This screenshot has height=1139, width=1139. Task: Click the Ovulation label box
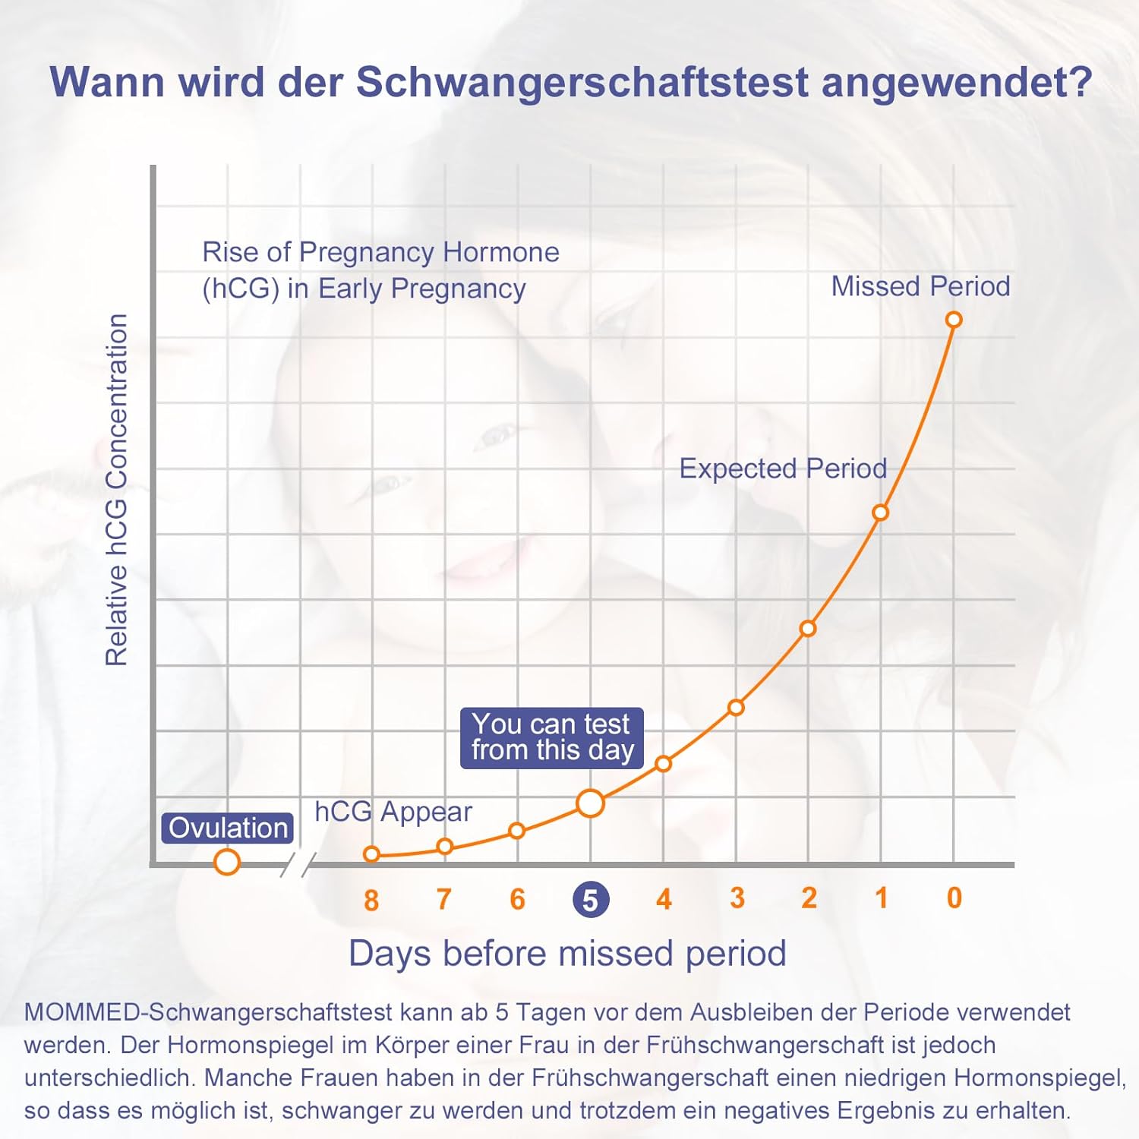(227, 828)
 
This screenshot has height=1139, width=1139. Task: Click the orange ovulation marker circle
(227, 862)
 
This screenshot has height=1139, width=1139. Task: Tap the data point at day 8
(371, 854)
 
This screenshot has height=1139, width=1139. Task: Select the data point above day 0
(954, 320)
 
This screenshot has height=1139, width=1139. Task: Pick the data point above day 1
(880, 513)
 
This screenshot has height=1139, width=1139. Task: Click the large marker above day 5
(590, 803)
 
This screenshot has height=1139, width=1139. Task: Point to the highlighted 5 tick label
(590, 900)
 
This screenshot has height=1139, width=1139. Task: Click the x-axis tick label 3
(737, 898)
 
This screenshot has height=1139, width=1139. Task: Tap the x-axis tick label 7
(444, 900)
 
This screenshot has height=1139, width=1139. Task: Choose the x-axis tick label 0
(954, 898)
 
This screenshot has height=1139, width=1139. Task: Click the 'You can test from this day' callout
(552, 737)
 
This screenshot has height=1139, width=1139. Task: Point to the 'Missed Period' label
(920, 286)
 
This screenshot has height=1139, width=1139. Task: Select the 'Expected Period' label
(783, 469)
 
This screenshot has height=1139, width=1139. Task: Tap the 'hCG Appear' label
(393, 812)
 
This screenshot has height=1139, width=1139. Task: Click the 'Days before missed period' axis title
(567, 954)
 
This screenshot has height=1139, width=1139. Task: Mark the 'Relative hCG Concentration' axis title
(117, 490)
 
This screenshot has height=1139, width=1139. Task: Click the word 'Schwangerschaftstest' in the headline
(582, 82)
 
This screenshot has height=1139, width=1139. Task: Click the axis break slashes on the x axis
(298, 864)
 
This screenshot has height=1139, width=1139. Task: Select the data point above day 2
(808, 629)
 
